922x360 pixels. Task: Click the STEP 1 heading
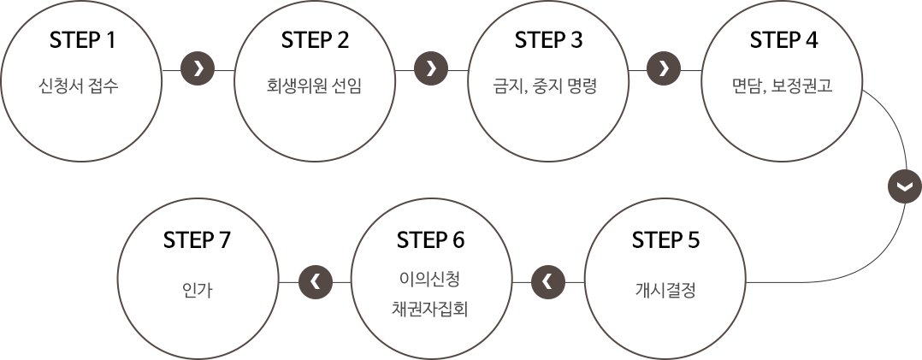coord(83,40)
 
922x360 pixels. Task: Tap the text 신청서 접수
coord(84,86)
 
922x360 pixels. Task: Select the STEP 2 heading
coord(315,40)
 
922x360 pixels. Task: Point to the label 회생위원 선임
coord(314,86)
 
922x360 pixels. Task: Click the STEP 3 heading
coord(548,40)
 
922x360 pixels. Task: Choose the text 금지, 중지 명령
coord(549,86)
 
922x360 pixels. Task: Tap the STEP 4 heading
coord(783,40)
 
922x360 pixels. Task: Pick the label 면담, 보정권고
coord(783,86)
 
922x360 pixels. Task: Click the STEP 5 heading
coord(665,240)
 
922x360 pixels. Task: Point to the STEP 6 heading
coord(430,240)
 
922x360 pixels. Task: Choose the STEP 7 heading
coord(197,240)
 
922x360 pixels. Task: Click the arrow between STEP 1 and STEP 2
coord(198,68)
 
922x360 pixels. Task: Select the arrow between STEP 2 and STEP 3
coord(430,68)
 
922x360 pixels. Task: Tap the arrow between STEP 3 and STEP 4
coord(664,68)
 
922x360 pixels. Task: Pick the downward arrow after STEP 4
coord(904,186)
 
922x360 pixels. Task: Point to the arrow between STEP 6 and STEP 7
coord(315,281)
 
